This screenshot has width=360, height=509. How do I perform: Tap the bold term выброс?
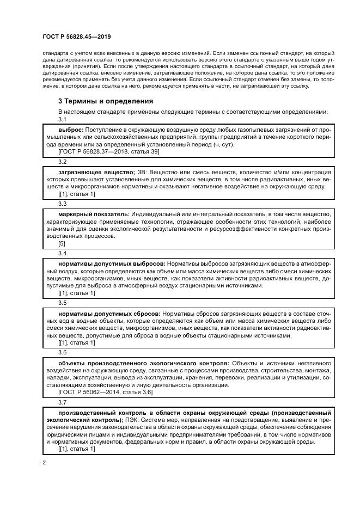click(71, 130)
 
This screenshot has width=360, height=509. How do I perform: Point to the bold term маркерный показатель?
click(92, 214)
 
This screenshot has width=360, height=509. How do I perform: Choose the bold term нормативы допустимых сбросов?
click(109, 313)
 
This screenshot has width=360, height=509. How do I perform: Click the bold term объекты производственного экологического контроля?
click(144, 362)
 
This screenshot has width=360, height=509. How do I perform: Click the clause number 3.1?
click(62, 120)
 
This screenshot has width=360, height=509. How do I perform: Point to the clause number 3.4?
click(62, 253)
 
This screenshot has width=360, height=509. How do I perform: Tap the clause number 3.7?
click(62, 402)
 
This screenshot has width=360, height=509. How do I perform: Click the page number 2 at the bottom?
click(44, 463)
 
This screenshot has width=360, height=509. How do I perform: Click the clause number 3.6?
click(62, 352)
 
